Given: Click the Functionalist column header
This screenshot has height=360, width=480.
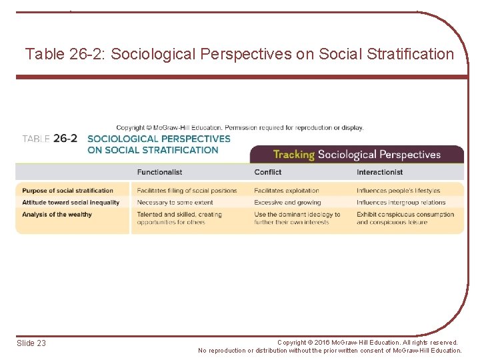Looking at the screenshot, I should pyautogui.click(x=159, y=172).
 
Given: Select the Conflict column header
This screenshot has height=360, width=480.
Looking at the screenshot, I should pyautogui.click(x=268, y=172).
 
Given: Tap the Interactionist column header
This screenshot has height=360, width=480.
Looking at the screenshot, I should pyautogui.click(x=379, y=172).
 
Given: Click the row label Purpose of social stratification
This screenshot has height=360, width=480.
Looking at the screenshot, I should pyautogui.click(x=67, y=191).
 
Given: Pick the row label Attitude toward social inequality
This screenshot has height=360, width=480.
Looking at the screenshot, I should pyautogui.click(x=71, y=203).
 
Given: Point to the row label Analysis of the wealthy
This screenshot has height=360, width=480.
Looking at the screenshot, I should pyautogui.click(x=57, y=215).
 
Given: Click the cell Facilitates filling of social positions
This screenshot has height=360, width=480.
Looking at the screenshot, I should pyautogui.click(x=187, y=191).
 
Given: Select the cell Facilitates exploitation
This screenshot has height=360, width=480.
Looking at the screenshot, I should pyautogui.click(x=287, y=191).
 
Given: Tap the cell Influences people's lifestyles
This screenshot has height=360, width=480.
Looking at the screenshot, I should pyautogui.click(x=398, y=191).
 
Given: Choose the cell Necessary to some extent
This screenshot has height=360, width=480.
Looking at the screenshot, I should pyautogui.click(x=175, y=203).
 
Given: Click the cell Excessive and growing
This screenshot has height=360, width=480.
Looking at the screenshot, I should pyautogui.click(x=287, y=203).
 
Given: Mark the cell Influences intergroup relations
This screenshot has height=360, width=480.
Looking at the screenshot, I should pyautogui.click(x=401, y=203).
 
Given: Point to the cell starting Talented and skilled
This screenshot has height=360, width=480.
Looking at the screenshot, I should pyautogui.click(x=179, y=218).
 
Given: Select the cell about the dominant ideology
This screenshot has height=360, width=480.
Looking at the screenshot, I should pyautogui.click(x=297, y=218).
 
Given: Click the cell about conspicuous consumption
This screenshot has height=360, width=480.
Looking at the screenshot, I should pyautogui.click(x=405, y=218).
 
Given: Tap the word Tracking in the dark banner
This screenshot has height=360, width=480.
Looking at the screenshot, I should pyautogui.click(x=293, y=155).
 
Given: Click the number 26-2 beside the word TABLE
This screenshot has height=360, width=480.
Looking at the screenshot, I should pyautogui.click(x=65, y=139).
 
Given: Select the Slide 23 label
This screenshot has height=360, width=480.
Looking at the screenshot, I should pyautogui.click(x=31, y=343).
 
